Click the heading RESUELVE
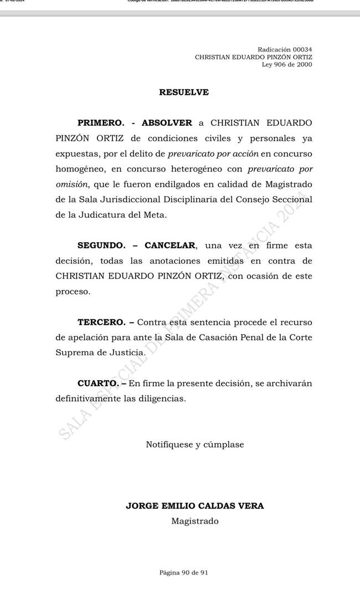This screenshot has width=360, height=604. (x=184, y=93)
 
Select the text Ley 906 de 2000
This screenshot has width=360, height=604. (x=287, y=64)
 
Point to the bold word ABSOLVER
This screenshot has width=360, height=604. (x=167, y=122)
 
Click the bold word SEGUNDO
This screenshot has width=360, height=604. (x=102, y=245)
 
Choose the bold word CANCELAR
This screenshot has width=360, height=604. (x=170, y=245)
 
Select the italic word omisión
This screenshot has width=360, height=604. (x=71, y=184)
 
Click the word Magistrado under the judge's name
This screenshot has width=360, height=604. (x=194, y=521)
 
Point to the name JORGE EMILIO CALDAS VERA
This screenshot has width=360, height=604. (x=194, y=505)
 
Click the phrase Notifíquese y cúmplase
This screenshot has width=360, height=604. (x=194, y=444)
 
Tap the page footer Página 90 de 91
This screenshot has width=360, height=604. (x=184, y=572)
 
